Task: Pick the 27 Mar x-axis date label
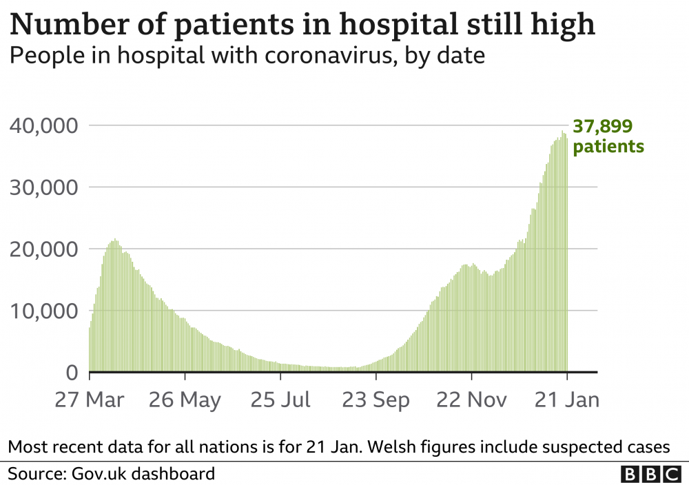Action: tap(90, 400)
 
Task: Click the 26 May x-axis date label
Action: tap(185, 400)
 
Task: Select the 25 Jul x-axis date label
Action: tap(280, 400)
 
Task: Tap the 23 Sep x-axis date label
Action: tap(376, 400)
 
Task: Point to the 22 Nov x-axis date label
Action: tap(471, 400)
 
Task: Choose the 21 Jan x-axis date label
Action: tap(566, 400)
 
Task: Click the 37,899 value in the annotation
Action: tap(603, 126)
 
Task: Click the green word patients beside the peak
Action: tap(609, 146)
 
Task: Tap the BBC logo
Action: tap(650, 474)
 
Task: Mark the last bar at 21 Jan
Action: tap(566, 255)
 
